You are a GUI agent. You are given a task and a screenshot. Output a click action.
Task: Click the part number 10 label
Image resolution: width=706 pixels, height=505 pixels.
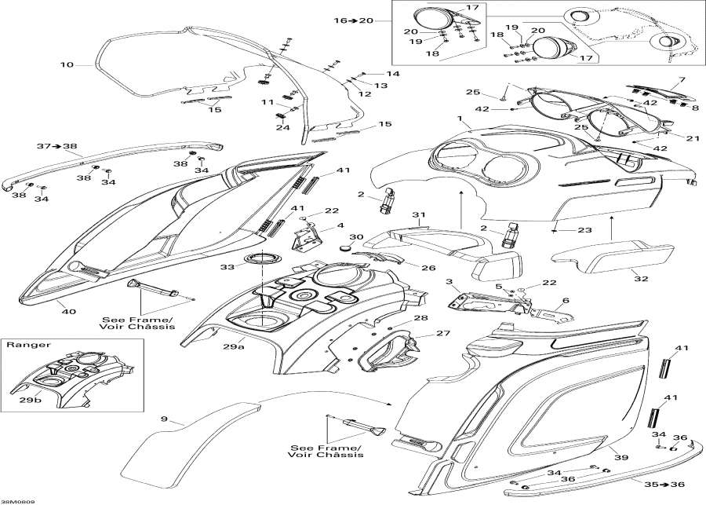[65, 64]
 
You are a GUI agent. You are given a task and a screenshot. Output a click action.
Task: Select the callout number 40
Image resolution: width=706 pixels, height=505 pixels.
[69, 312]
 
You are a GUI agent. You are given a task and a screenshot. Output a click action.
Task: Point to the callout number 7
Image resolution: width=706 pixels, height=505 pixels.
[682, 80]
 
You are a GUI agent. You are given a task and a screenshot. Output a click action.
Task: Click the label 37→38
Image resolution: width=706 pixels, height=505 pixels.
[57, 146]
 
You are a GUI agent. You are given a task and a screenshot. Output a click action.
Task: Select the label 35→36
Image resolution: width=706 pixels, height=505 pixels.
[671, 485]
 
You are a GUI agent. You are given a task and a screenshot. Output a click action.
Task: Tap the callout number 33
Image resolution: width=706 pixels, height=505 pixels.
[227, 267]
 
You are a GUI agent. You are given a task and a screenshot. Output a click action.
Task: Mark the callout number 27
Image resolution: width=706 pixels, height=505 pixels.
[420, 334]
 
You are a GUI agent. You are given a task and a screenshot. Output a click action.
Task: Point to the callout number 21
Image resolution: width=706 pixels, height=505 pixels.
[692, 137]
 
